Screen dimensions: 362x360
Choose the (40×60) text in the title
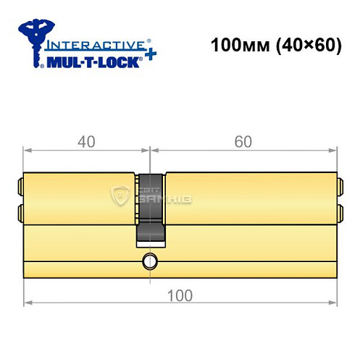304,45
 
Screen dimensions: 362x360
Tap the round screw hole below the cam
150,260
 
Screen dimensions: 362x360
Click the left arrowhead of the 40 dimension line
28,151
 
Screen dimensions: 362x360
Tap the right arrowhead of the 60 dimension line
335,151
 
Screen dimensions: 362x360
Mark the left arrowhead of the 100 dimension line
28,302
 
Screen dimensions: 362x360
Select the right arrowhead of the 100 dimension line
335,302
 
